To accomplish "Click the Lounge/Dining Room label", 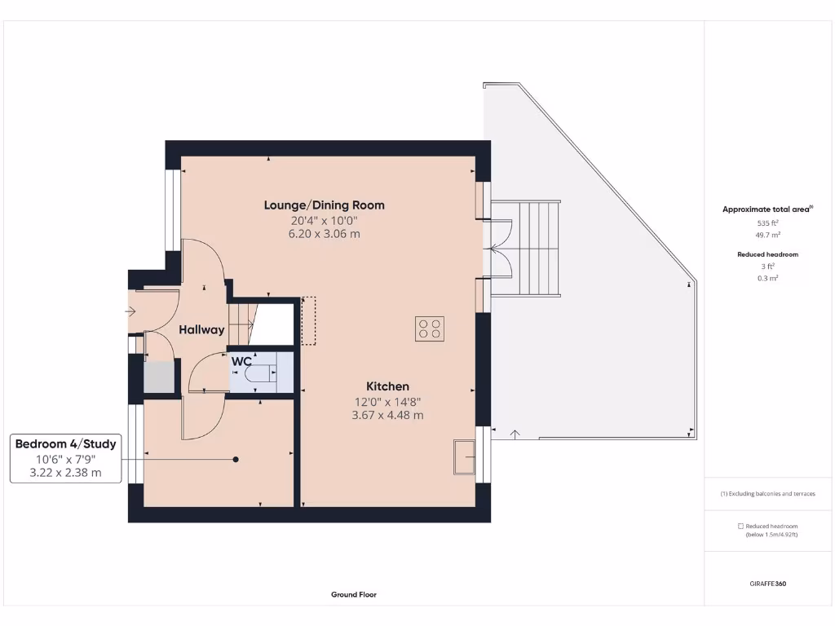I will click(x=324, y=205).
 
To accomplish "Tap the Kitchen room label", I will click(x=387, y=386).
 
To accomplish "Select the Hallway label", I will click(x=201, y=330).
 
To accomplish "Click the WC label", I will click(x=241, y=361).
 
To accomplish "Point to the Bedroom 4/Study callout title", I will click(x=66, y=444).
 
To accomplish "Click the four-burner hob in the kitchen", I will click(x=430, y=328).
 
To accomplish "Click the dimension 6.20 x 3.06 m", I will click(x=324, y=235).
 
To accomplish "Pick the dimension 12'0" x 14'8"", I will click(x=387, y=401).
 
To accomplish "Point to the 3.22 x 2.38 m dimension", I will click(x=66, y=473).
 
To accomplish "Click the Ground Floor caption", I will click(x=354, y=595).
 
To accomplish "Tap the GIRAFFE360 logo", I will click(x=769, y=584).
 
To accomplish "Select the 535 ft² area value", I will click(x=769, y=223).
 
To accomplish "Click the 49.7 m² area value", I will click(x=769, y=235).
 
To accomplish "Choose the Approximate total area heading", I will click(x=767, y=209).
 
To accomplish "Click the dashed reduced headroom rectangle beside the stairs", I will click(x=308, y=321).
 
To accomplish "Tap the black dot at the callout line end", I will click(x=236, y=460).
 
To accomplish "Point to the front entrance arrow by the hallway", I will click(x=131, y=311).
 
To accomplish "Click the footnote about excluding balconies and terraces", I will click(x=767, y=494).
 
